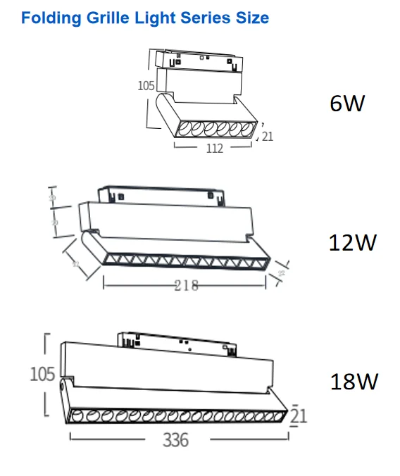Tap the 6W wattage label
point(347,104)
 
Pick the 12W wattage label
point(353,243)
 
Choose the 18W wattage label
point(354,382)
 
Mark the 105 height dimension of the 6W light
point(146,87)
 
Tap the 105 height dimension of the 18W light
point(42,374)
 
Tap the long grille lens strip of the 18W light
point(176,416)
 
